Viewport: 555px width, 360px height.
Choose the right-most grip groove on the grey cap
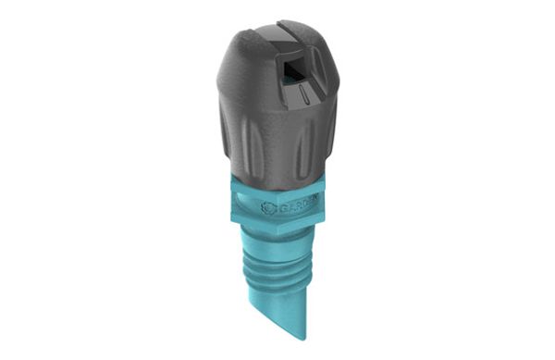click(320, 139)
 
